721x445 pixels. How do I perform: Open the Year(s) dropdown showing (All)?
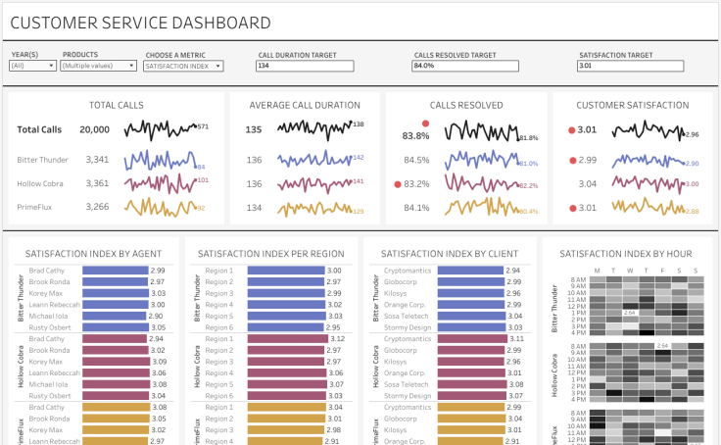coord(33,66)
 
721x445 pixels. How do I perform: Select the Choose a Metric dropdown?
coord(183,66)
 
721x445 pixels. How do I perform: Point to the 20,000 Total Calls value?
coord(94,129)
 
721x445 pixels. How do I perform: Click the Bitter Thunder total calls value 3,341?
coord(97,160)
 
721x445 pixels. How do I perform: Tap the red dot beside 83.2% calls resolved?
coord(397,183)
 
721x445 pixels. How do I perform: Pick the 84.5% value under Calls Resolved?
coord(416,160)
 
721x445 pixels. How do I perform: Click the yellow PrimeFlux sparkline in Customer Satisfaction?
coord(646,206)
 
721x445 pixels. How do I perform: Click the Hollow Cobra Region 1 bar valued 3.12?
coord(285,338)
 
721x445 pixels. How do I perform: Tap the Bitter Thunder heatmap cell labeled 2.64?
coord(630,313)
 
